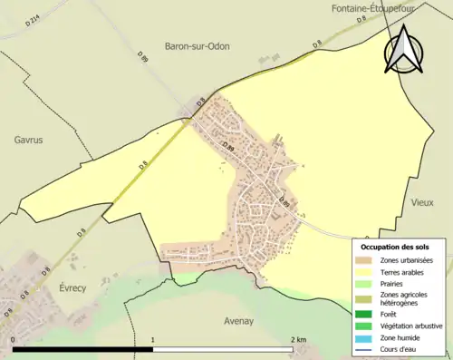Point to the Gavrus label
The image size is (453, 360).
point(28,140)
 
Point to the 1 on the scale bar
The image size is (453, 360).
point(152,340)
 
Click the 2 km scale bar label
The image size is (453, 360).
point(298,340)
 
